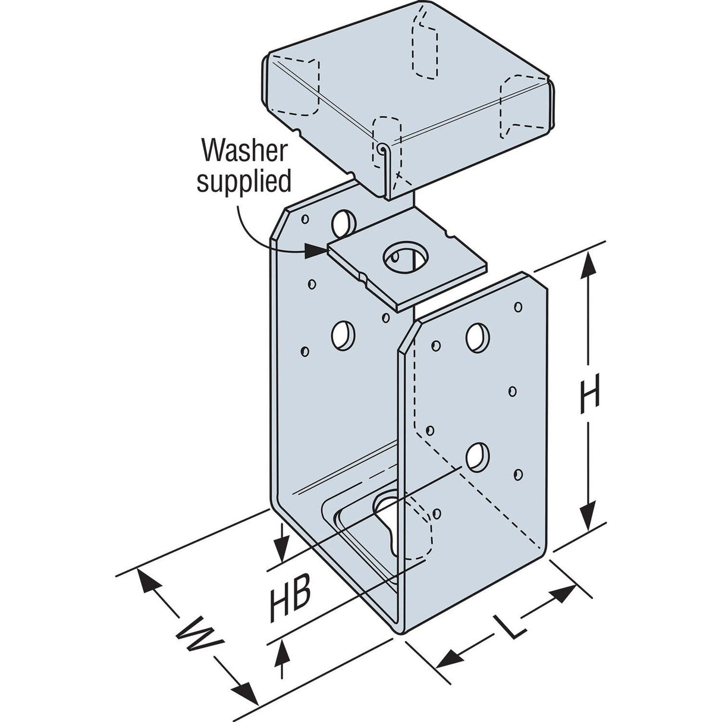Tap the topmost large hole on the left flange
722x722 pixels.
click(343, 223)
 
